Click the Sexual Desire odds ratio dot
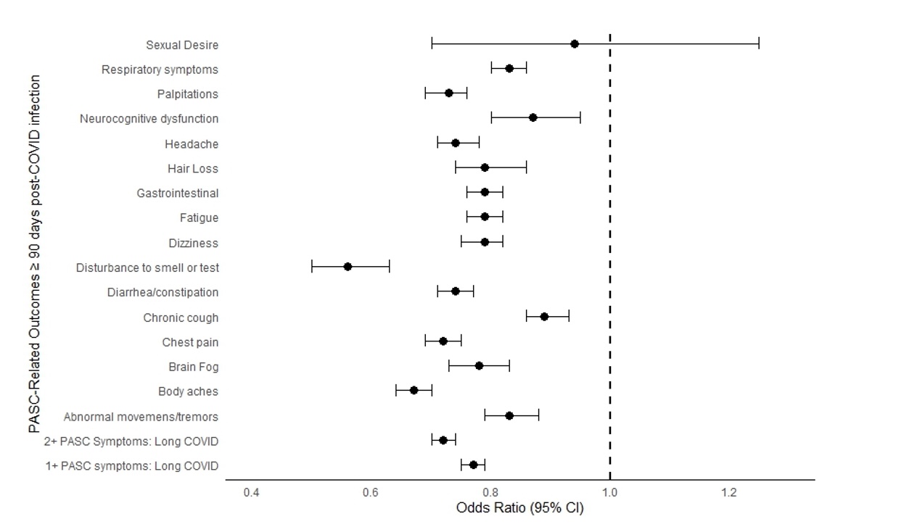(x=574, y=43)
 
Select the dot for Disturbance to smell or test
(x=348, y=267)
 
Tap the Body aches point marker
(x=414, y=390)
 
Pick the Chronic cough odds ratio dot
(x=544, y=317)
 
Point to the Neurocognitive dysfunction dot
(x=533, y=117)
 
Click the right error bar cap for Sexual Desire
(x=759, y=43)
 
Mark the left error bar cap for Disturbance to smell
(x=312, y=267)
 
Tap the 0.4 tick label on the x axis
(x=251, y=493)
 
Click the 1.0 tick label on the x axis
(x=609, y=493)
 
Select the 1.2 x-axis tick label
(x=728, y=493)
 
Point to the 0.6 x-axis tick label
(x=371, y=493)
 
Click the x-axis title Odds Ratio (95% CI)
(x=519, y=508)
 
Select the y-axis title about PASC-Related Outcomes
(x=34, y=254)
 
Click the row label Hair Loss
(x=192, y=169)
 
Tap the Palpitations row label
(x=187, y=94)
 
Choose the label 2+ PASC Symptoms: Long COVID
(x=131, y=441)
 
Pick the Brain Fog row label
(x=193, y=367)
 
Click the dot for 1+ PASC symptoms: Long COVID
(x=473, y=465)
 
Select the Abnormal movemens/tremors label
(x=141, y=417)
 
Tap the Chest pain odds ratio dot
(x=443, y=341)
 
